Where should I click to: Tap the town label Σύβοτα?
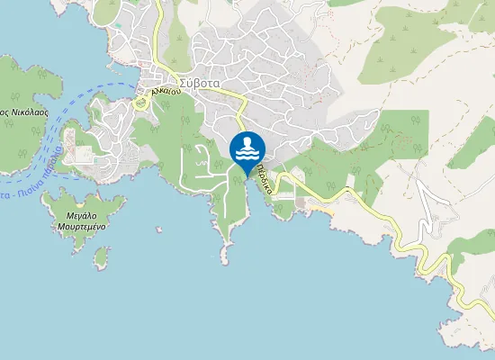[x=199, y=84]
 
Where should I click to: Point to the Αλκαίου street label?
[x=167, y=92]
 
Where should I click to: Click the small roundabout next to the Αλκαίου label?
[x=139, y=103]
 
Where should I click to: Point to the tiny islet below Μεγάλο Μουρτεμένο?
[x=101, y=258]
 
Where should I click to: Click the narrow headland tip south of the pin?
[x=224, y=260]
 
